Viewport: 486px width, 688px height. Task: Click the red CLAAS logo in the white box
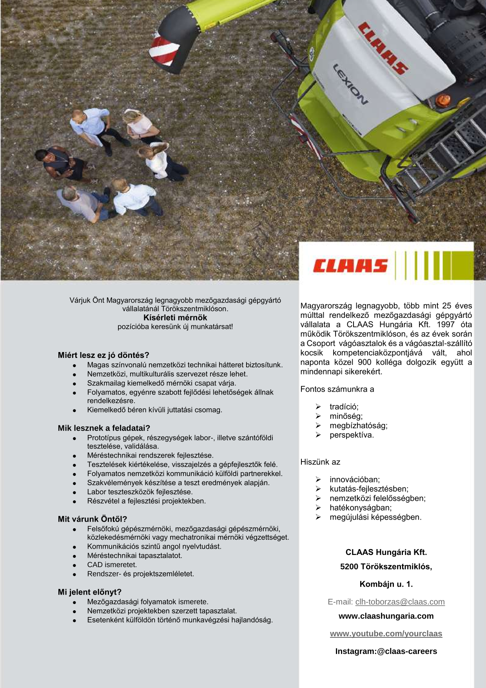point(350,266)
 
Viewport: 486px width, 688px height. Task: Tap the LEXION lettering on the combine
point(350,84)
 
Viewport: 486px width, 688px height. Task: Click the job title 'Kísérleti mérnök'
point(175,318)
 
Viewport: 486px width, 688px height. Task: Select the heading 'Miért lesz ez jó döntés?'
point(103,355)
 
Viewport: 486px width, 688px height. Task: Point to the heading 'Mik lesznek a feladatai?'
point(104,428)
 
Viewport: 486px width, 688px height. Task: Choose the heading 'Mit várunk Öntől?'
point(92,519)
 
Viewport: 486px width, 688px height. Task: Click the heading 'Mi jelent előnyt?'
point(90,592)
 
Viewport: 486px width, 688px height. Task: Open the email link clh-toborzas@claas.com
point(400,602)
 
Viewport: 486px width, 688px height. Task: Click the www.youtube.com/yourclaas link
point(386,634)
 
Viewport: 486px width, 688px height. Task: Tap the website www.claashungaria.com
point(386,616)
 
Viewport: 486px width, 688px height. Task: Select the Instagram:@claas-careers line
point(386,652)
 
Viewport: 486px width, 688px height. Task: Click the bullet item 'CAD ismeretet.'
point(112,565)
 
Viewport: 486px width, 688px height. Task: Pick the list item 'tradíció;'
point(344,407)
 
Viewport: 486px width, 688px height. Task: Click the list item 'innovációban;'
point(355,480)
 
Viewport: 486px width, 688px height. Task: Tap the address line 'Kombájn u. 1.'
point(386,584)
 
